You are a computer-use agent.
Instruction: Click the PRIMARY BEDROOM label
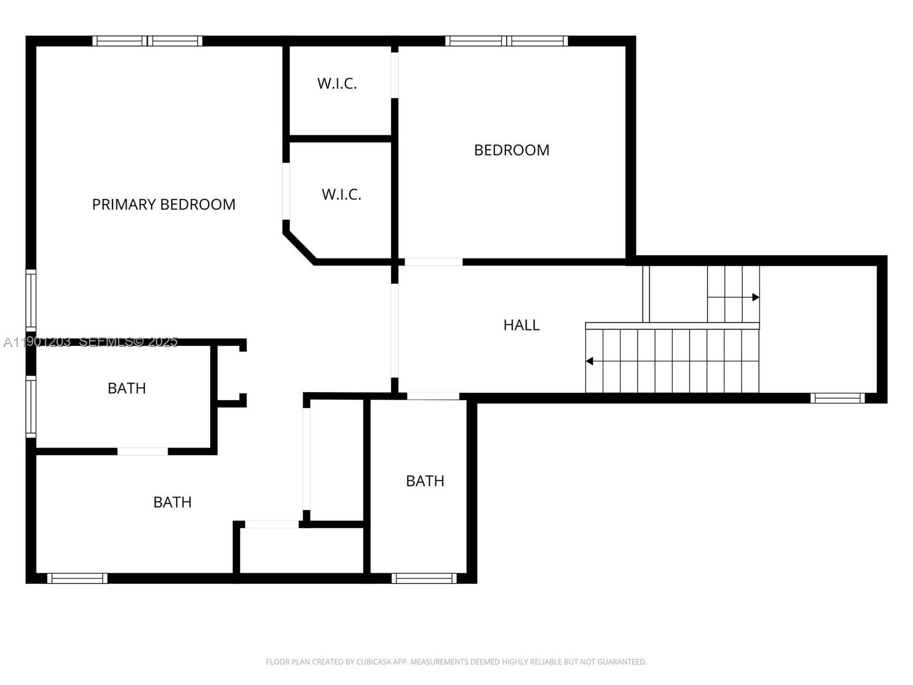coord(164,204)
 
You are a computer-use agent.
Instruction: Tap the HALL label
coord(521,325)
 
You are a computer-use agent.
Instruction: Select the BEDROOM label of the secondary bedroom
coord(511,150)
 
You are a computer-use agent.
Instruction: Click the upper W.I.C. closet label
coord(337,83)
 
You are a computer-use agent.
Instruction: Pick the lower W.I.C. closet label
coord(341,195)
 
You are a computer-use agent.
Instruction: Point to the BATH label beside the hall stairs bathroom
coord(425,481)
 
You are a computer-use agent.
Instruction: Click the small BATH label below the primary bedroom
coord(127,388)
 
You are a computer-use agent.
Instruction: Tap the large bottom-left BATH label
coord(172,502)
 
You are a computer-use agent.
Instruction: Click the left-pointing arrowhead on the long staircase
coord(589,361)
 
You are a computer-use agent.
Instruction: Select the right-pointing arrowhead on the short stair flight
coord(756,297)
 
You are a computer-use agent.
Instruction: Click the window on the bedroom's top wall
coord(506,41)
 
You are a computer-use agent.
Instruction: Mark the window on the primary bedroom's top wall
coord(147,41)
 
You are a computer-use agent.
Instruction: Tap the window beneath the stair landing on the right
coord(837,398)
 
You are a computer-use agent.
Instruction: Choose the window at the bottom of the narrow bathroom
coord(424,578)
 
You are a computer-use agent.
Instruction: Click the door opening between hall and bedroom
coord(434,262)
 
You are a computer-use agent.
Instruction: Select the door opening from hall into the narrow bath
coord(433,396)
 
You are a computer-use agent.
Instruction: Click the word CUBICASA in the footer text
coord(372,662)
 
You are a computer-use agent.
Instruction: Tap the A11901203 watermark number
coord(37,342)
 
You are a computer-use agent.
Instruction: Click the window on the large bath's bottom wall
coord(77,578)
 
